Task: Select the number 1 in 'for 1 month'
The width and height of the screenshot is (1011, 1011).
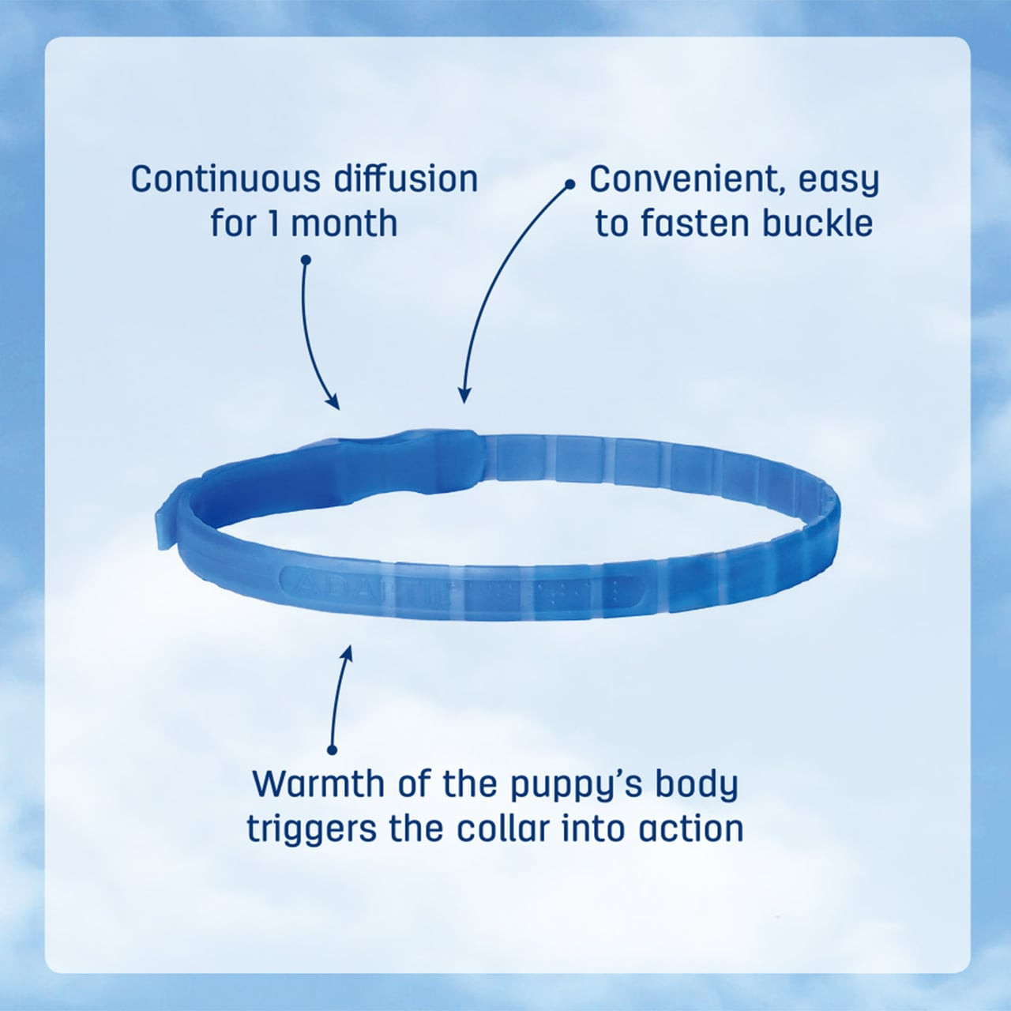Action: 272,224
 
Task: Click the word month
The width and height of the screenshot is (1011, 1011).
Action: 344,224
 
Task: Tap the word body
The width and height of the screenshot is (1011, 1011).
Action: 699,785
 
